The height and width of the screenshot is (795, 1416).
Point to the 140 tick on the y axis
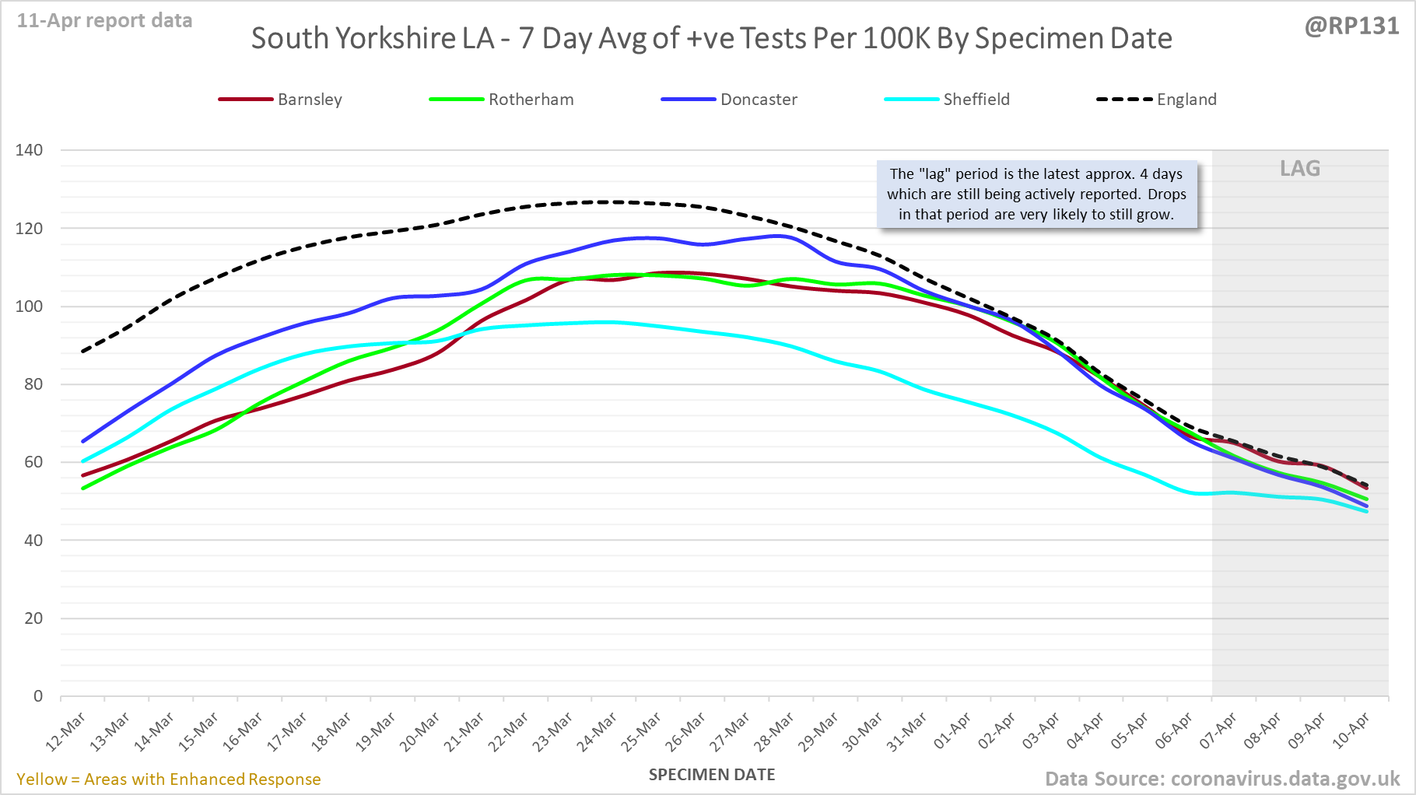(30, 150)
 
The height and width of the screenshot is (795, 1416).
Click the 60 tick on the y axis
(33, 462)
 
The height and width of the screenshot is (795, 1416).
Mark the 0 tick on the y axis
(38, 696)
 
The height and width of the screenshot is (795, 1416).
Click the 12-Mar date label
(65, 732)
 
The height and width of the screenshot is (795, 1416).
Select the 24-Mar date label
(598, 732)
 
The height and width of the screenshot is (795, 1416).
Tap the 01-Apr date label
(952, 732)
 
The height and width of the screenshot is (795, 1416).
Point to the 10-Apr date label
(1351, 732)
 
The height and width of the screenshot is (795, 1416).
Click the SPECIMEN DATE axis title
(712, 775)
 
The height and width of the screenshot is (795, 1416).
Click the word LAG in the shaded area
(1300, 169)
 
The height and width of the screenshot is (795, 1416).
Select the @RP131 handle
(1351, 26)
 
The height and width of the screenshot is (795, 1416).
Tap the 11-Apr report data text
(105, 21)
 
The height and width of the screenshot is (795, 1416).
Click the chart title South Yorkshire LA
(711, 39)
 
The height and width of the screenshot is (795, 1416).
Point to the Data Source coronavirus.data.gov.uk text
(1222, 779)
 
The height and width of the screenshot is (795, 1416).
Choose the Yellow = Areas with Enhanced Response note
(169, 779)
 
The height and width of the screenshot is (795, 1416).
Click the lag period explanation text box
(1036, 194)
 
